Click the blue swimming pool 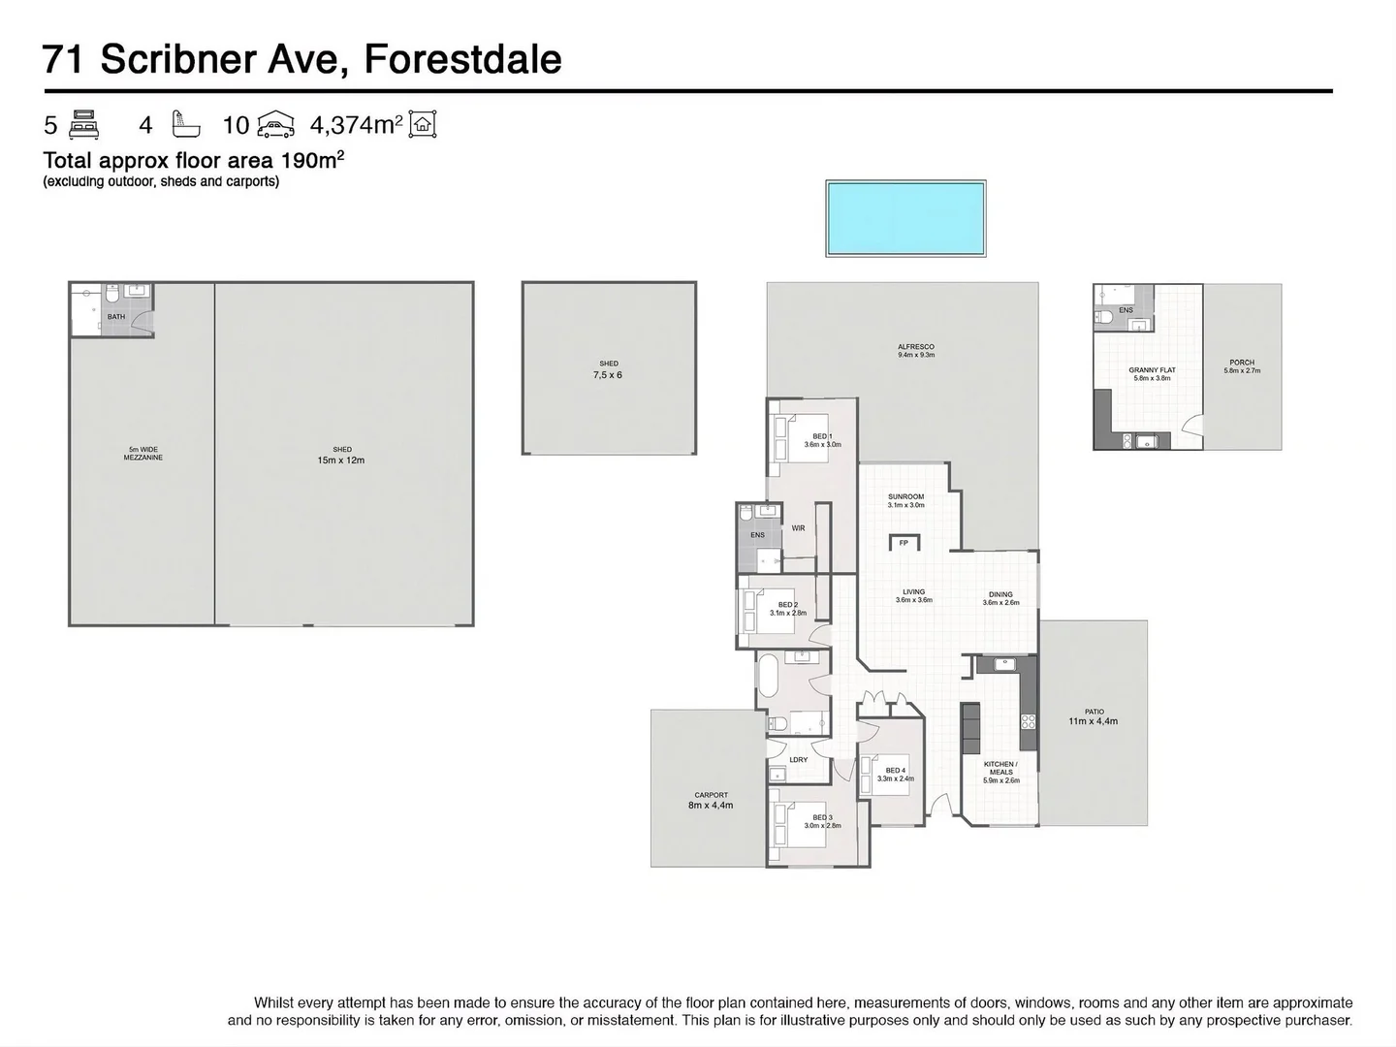(x=905, y=218)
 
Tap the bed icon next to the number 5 (x=84, y=125)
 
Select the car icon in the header (x=275, y=125)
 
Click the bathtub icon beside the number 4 (x=185, y=125)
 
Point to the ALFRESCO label (x=915, y=346)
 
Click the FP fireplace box (x=904, y=543)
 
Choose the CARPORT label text (x=711, y=795)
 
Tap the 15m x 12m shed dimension (x=342, y=460)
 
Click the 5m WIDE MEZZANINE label (x=143, y=453)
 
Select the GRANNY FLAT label (x=1152, y=370)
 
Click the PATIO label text (x=1094, y=712)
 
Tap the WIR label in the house (x=798, y=528)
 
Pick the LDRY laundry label (x=799, y=759)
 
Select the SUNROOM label (x=905, y=496)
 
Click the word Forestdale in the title (x=461, y=59)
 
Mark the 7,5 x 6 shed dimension (x=608, y=374)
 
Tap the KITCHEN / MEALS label (x=1001, y=768)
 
